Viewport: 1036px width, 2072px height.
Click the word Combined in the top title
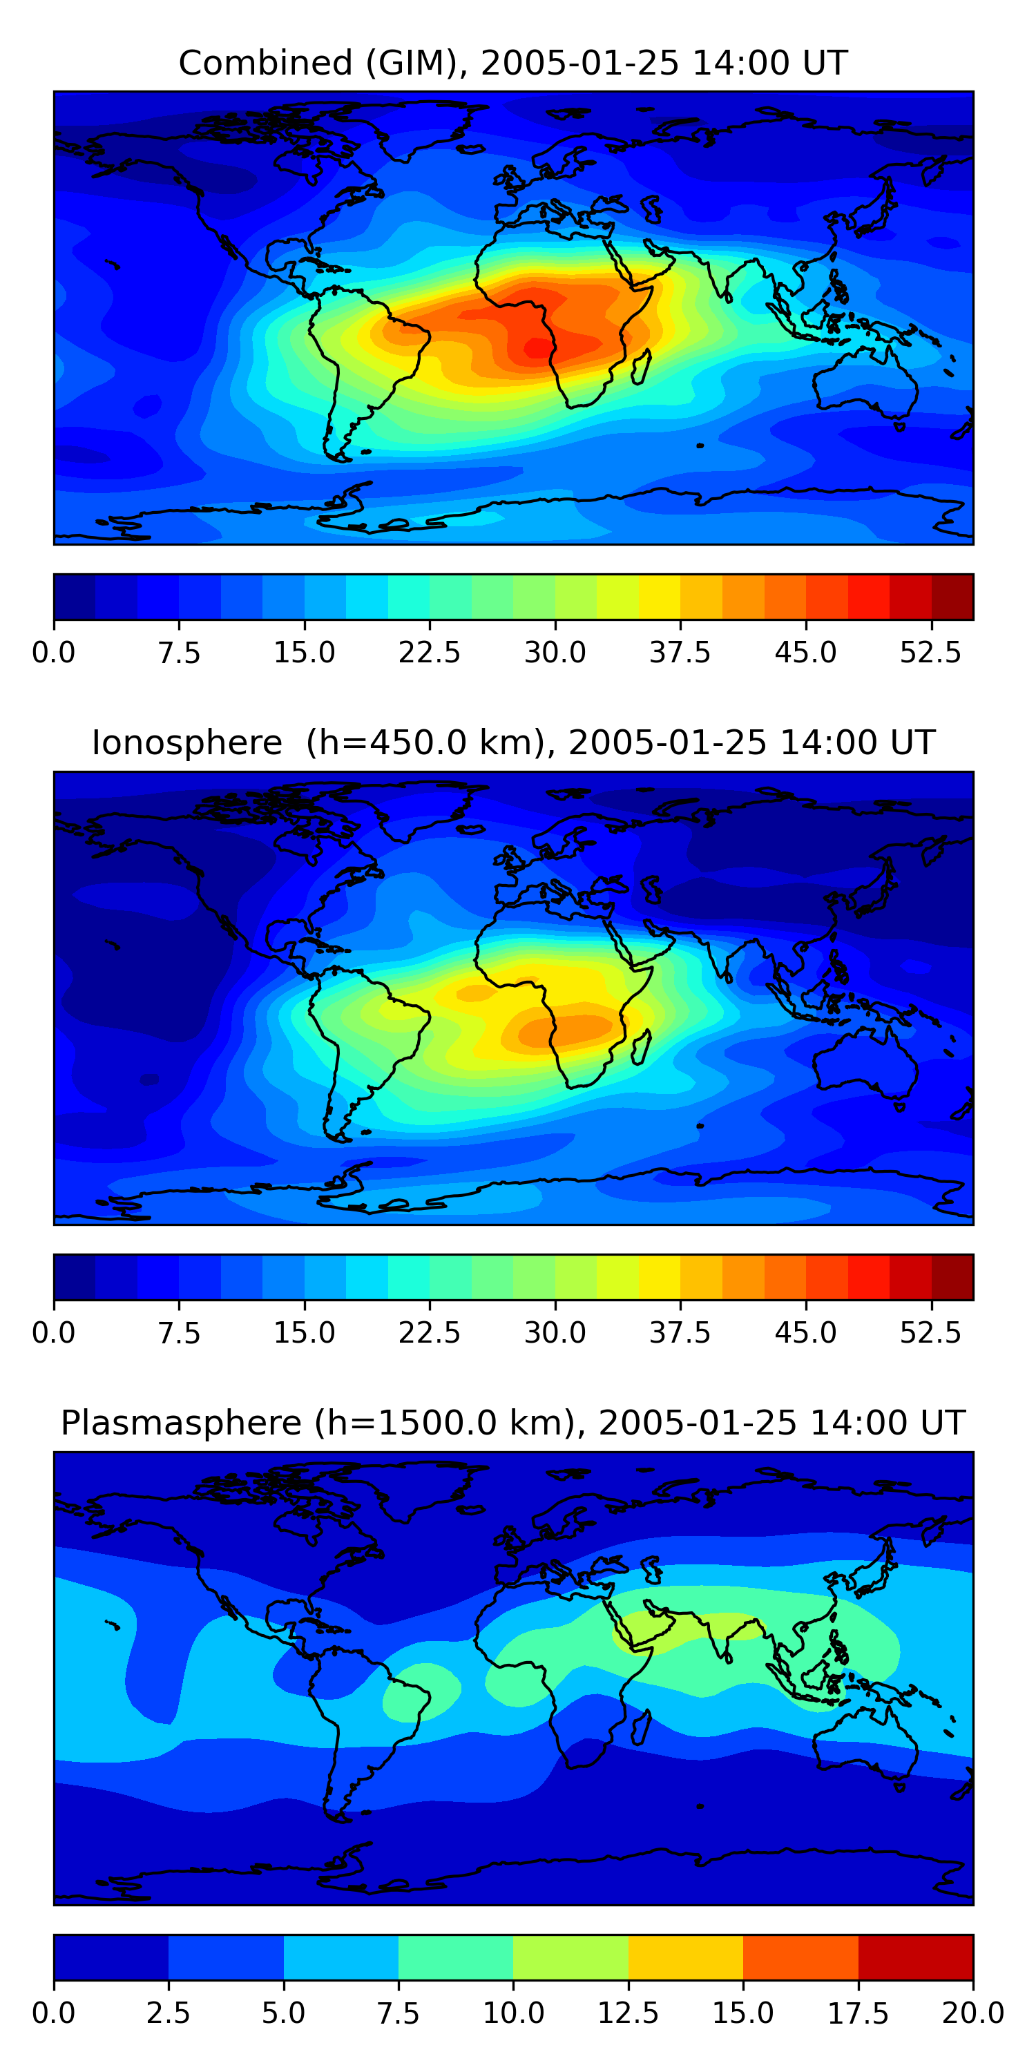point(265,63)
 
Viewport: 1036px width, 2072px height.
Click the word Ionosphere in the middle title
point(186,742)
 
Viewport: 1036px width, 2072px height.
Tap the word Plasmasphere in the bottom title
point(181,1423)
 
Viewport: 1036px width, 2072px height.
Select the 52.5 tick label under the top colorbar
point(930,652)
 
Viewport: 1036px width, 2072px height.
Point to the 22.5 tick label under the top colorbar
point(430,652)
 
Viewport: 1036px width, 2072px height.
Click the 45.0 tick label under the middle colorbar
point(805,1333)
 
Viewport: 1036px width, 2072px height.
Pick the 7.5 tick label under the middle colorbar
point(179,1333)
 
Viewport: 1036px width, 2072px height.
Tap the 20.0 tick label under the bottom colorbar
point(972,2013)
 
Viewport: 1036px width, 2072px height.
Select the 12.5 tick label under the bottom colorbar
point(629,2013)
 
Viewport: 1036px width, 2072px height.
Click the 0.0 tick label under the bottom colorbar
point(54,2013)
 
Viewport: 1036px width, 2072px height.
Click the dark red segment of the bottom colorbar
point(915,1957)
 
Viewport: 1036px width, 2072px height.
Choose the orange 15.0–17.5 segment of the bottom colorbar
point(800,1957)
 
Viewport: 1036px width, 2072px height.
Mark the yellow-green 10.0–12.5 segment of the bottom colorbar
point(570,1957)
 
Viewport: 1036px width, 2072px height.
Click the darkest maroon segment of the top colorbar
point(952,597)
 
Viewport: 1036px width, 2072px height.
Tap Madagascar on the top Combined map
point(641,367)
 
